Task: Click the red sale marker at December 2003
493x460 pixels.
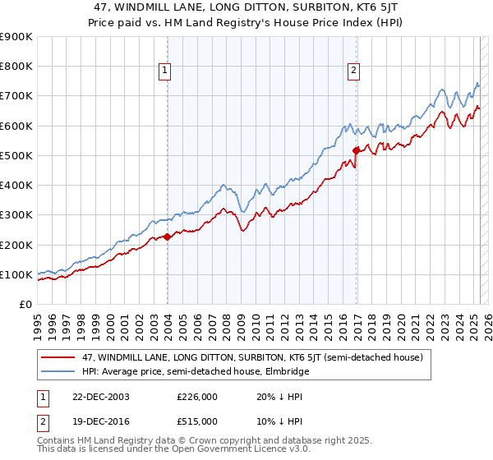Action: click(168, 237)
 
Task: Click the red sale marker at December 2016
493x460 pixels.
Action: click(356, 150)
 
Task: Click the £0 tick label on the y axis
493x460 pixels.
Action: click(25, 304)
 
